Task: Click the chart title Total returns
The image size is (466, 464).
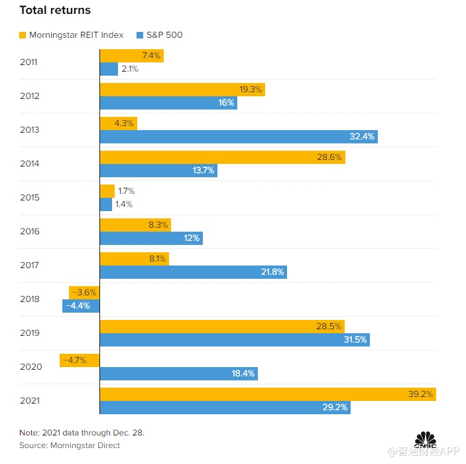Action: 55,11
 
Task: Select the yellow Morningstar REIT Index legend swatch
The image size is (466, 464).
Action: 23,35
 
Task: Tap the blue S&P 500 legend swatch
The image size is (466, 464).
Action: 140,35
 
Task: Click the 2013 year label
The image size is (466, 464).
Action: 30,129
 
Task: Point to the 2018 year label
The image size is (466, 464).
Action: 30,299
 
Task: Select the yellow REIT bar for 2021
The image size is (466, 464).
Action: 267,394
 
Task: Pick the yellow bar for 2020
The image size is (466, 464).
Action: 80,360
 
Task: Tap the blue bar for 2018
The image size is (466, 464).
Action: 81,306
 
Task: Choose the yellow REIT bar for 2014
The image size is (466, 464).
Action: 222,157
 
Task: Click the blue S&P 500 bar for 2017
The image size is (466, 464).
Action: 193,272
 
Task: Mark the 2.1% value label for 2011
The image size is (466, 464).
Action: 130,69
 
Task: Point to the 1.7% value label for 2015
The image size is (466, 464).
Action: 125,191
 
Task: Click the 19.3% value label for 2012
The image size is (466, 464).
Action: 251,89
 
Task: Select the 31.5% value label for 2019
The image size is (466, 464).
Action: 355,340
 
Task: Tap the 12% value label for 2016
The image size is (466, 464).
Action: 192,238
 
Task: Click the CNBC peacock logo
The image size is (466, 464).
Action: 426,441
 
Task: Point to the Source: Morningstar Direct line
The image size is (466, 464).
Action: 70,445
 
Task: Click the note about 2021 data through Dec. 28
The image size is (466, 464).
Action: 82,433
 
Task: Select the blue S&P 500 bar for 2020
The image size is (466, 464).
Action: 178,374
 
